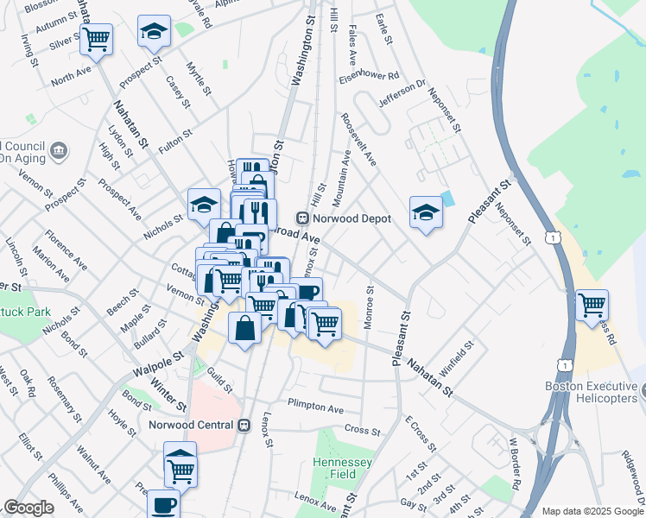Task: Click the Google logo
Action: click(x=28, y=508)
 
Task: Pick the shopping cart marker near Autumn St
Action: click(x=96, y=38)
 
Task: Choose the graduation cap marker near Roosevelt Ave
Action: click(x=426, y=212)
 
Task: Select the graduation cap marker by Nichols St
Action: click(x=204, y=205)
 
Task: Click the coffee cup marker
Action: click(x=163, y=504)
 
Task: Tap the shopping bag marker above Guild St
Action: click(x=244, y=328)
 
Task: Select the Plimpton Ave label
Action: click(x=315, y=406)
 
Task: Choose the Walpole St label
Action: click(x=159, y=362)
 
